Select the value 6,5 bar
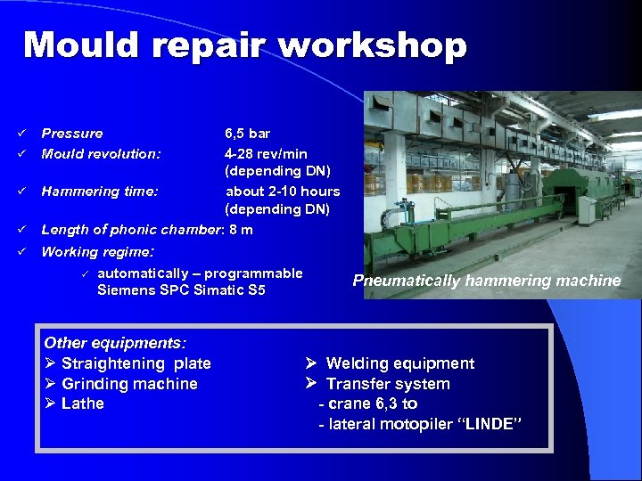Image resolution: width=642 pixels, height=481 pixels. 248,134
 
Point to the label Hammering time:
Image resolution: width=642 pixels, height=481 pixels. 100,191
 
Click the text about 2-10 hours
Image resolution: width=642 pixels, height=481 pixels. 283,191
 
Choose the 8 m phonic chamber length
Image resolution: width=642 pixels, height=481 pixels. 241,230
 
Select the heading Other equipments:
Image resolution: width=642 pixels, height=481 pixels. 115,343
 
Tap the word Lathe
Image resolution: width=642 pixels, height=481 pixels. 83,404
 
